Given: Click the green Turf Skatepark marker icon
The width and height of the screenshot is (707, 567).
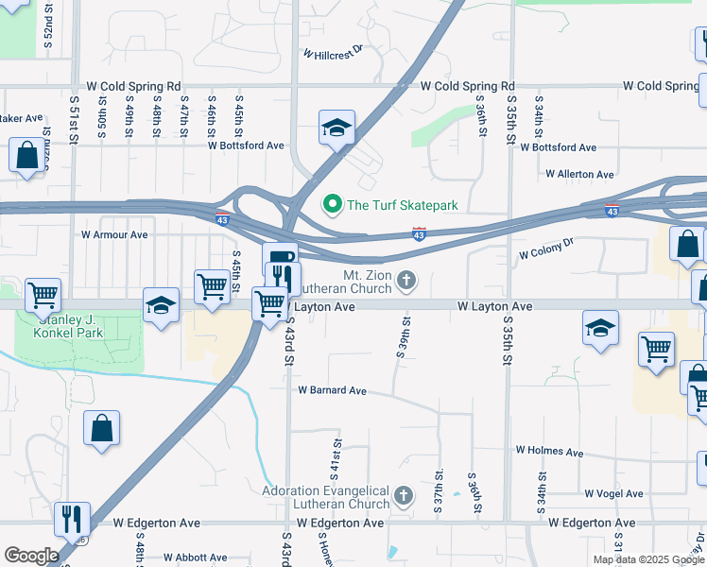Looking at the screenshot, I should (332, 203).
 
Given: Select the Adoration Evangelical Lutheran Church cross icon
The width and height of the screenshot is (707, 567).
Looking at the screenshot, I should (403, 496).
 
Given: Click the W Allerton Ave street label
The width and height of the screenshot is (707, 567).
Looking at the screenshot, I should (579, 174).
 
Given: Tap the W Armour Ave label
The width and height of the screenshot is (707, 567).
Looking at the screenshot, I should (114, 234).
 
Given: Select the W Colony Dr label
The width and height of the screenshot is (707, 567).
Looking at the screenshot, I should (546, 250).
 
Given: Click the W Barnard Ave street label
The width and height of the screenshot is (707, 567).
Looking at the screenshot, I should (332, 390).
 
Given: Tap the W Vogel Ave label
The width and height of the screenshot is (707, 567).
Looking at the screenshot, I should (612, 493).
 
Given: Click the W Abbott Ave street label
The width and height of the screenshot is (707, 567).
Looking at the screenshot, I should (194, 558).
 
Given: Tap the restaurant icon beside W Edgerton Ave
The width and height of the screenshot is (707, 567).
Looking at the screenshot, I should (72, 519).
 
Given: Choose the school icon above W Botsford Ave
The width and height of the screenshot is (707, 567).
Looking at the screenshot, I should (336, 128).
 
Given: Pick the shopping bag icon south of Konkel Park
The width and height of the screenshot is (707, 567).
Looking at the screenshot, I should (102, 428).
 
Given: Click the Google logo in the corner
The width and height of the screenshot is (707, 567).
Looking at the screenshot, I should (31, 556).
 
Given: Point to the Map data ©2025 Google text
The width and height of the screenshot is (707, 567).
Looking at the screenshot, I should (648, 559).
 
